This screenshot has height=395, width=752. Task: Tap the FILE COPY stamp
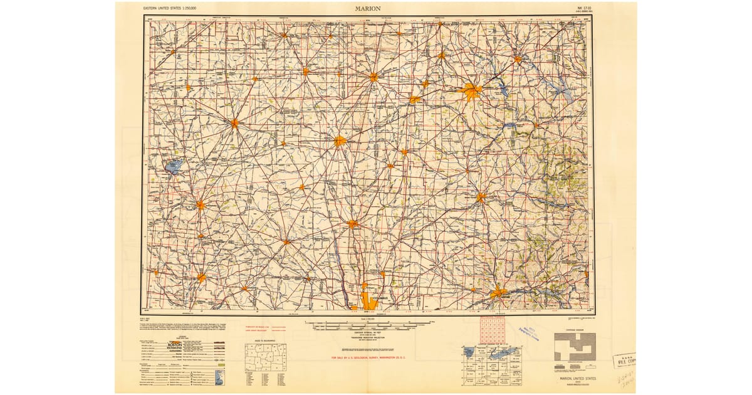pos(624,360)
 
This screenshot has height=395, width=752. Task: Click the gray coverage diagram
pos(574,346)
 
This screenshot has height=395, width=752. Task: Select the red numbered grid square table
pos(493,330)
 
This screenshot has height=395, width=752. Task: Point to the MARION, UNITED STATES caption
pos(575,379)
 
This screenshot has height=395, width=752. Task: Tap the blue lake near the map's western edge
pos(174,166)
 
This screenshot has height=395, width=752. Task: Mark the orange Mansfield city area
pos(471,92)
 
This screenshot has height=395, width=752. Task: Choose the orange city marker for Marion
pos(340,141)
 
